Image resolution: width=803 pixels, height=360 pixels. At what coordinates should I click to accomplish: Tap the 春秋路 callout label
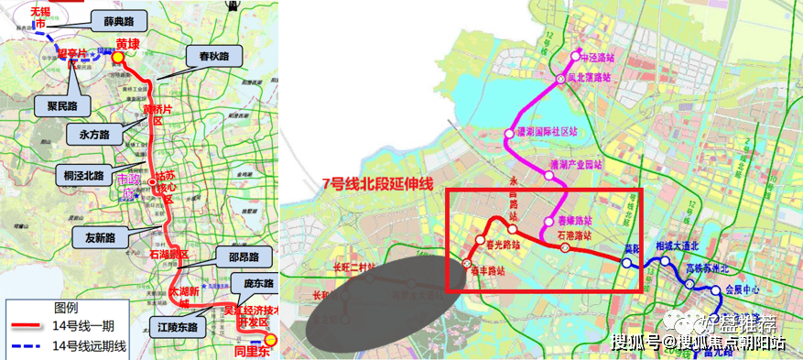(213, 57)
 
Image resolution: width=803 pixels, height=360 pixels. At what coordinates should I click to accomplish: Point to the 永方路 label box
(89, 134)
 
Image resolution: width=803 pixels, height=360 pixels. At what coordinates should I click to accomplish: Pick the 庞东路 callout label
(253, 282)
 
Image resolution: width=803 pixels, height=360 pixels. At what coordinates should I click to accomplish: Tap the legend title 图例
(66, 308)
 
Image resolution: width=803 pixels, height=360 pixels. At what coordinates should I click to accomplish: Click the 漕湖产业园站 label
(576, 165)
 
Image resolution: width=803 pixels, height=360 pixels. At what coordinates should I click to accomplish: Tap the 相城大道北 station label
(678, 245)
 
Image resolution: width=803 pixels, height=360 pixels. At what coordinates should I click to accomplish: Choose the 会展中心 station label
(743, 286)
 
